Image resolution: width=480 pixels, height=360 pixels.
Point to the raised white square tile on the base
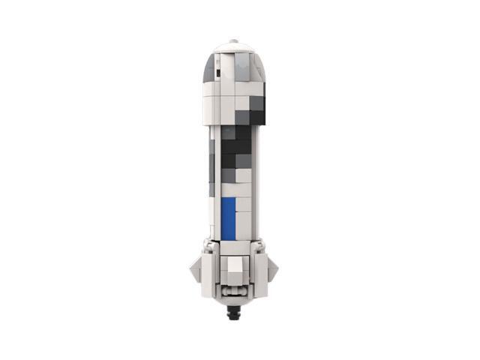pyautogui.click(x=235, y=265)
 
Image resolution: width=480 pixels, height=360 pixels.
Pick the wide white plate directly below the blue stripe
pyautogui.click(x=234, y=244)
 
